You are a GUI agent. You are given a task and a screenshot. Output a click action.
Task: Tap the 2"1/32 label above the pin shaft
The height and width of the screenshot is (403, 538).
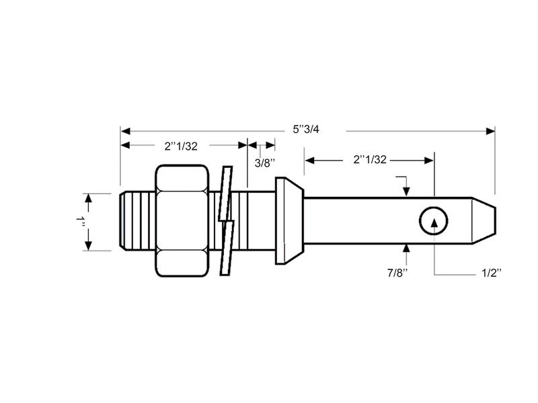click(369, 159)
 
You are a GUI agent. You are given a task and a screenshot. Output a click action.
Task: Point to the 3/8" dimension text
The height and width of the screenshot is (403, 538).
click(265, 163)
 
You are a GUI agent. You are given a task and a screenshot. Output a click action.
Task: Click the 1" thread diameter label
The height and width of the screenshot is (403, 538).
click(81, 222)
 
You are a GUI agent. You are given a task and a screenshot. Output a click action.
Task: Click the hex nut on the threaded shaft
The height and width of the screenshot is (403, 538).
click(182, 220)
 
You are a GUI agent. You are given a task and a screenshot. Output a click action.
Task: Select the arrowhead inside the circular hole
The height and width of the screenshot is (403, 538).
click(434, 222)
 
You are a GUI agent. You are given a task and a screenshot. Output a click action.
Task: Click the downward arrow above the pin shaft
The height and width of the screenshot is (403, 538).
click(407, 191)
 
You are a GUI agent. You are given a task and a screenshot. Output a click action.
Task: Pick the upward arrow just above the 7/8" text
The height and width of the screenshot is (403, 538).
click(407, 250)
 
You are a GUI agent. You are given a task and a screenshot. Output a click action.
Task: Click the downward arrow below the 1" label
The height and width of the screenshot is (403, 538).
click(88, 245)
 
